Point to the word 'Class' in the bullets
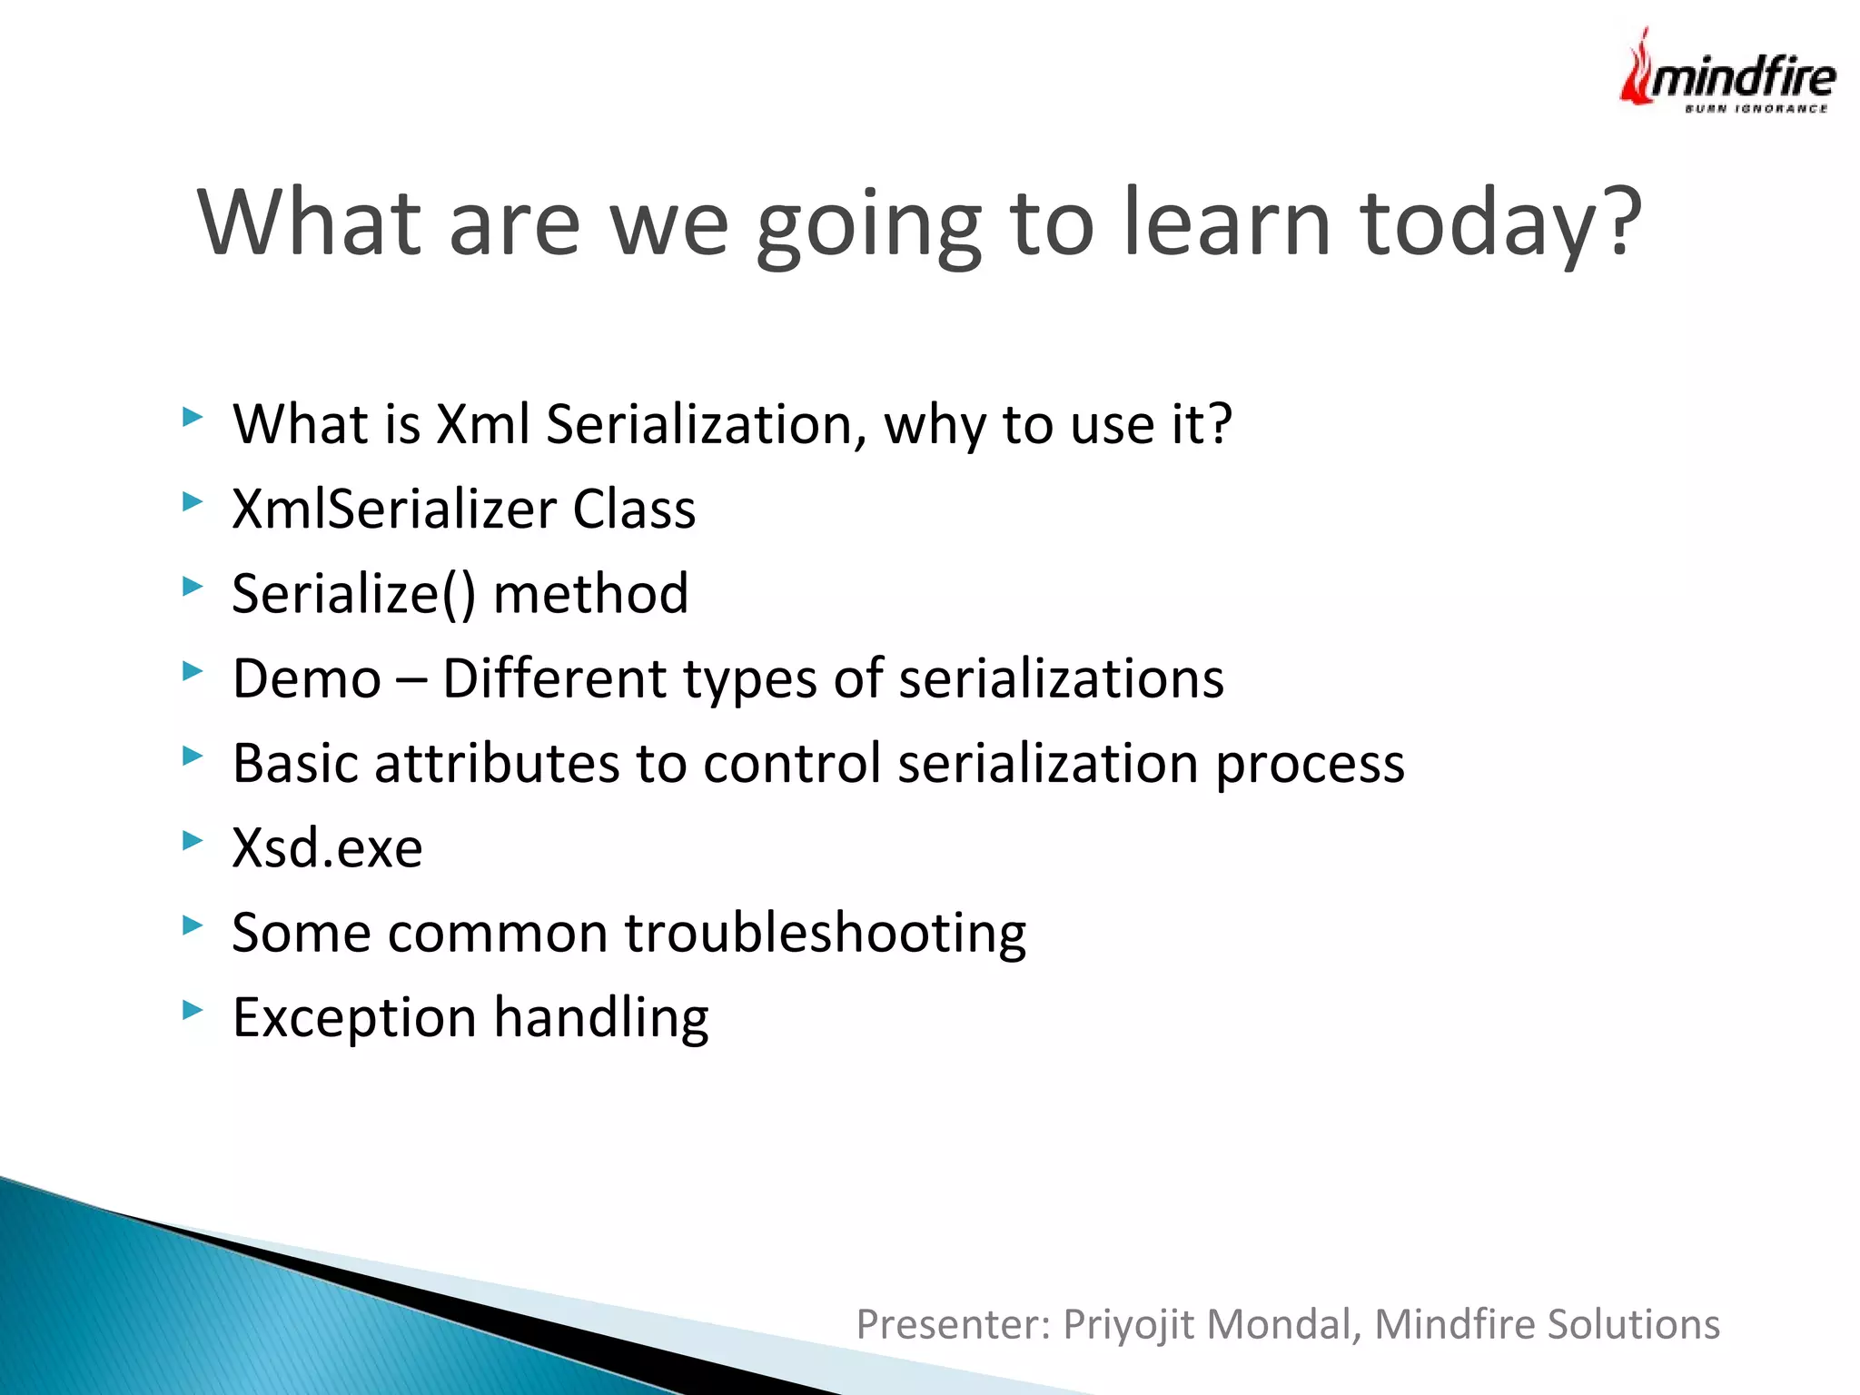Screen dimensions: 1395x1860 (x=633, y=509)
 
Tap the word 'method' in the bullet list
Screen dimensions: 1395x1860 (x=590, y=594)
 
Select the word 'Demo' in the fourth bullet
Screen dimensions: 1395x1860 (x=307, y=678)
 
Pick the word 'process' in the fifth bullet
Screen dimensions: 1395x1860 (x=1310, y=765)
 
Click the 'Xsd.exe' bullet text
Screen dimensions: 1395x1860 (x=327, y=848)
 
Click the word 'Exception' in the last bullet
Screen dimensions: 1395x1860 (x=354, y=1018)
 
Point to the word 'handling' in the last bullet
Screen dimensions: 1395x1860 (x=601, y=1018)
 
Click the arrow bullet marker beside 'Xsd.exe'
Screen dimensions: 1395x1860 (x=192, y=839)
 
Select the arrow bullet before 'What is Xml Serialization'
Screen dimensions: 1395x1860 (x=192, y=416)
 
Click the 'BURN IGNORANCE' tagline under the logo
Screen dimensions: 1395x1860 (x=1755, y=109)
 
